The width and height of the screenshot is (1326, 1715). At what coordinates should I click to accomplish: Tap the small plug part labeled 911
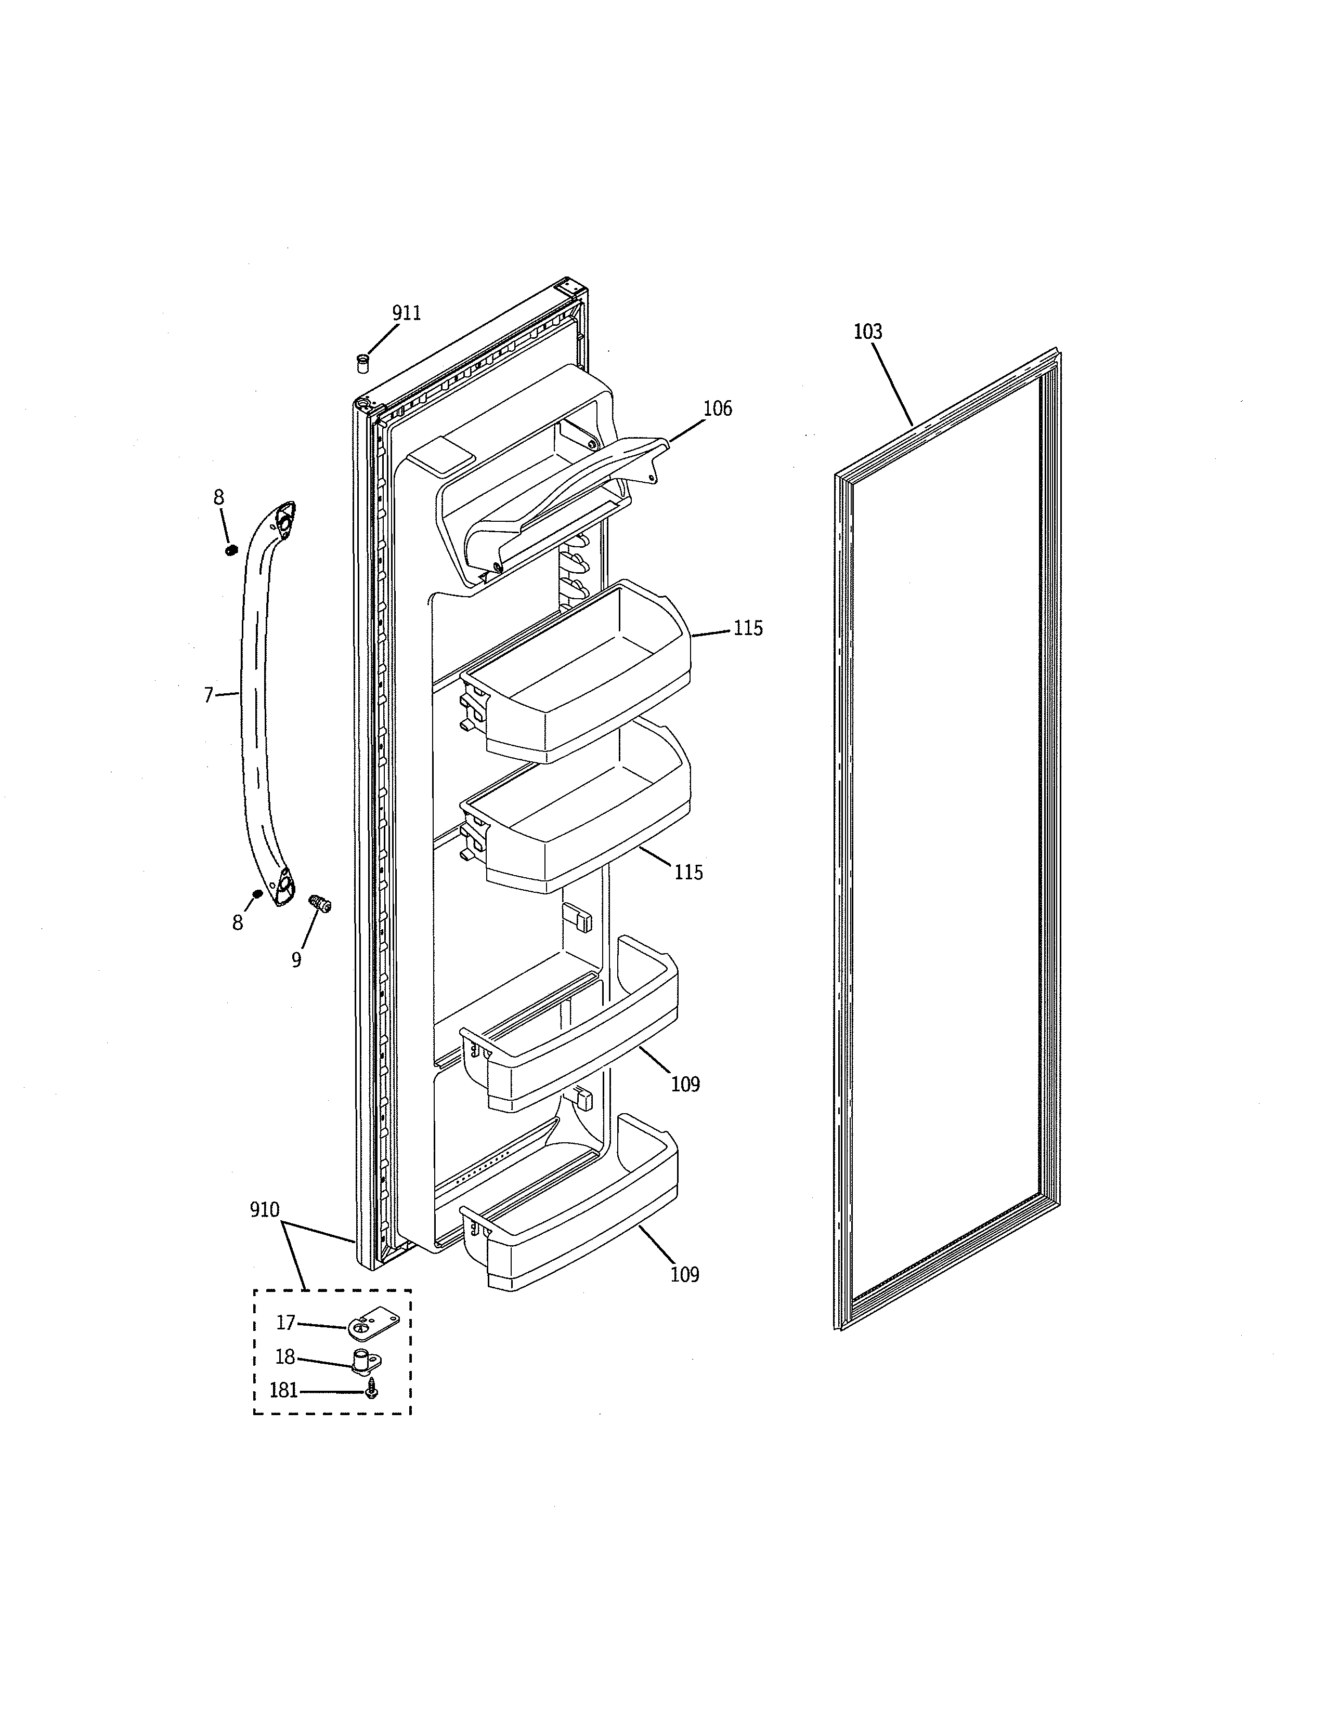point(363,364)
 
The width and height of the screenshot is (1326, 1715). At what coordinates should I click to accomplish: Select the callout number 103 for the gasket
point(867,332)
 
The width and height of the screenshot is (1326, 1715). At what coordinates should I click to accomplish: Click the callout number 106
point(717,408)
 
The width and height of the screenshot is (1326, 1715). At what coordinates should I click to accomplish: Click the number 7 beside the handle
point(208,695)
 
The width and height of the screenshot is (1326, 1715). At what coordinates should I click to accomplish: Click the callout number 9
point(296,959)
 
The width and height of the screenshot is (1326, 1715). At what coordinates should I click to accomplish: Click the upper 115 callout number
point(748,628)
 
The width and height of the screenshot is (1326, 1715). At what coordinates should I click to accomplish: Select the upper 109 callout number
point(685,1085)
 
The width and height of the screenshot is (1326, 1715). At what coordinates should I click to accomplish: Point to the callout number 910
point(264,1210)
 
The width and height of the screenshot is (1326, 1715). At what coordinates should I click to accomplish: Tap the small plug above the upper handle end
point(231,550)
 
